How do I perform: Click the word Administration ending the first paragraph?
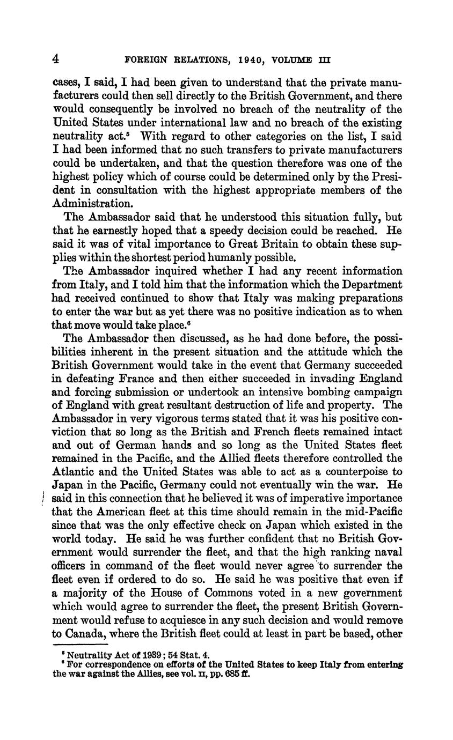click(x=92, y=204)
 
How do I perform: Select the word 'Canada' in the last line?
click(x=85, y=633)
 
